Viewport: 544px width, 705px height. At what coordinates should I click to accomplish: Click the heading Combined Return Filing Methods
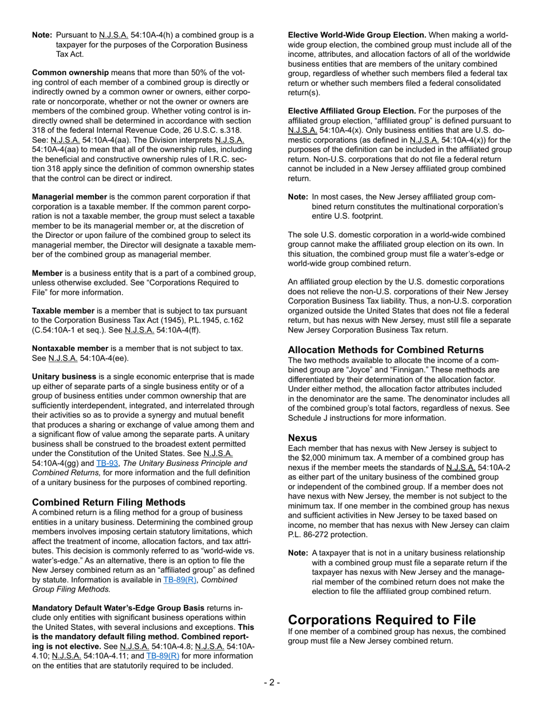pos(109,502)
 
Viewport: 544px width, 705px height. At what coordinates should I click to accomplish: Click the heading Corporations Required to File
pos(381,620)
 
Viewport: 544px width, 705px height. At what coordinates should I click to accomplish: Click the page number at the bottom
pos(271,682)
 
